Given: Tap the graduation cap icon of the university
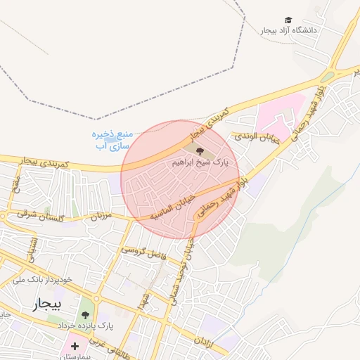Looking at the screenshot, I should tap(288, 20).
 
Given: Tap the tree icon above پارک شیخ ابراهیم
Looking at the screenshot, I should tap(200, 150).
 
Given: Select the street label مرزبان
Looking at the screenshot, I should tap(101, 217).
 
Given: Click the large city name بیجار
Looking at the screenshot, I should tap(47, 304).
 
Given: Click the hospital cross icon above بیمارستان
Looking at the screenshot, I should tap(75, 346).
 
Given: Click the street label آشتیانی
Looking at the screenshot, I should tap(29, 245).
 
